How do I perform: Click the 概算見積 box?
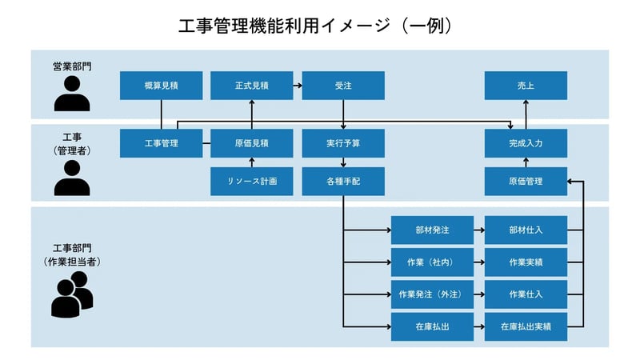pyautogui.click(x=161, y=86)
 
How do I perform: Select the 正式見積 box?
pyautogui.click(x=251, y=86)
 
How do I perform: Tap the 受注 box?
pyautogui.click(x=343, y=86)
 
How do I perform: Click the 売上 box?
pyautogui.click(x=526, y=86)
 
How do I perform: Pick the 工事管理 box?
pyautogui.click(x=161, y=143)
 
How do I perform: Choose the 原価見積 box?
pyautogui.click(x=251, y=143)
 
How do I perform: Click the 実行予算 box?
pyautogui.click(x=343, y=143)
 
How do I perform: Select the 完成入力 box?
pyautogui.click(x=526, y=143)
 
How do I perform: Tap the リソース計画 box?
pyautogui.click(x=251, y=182)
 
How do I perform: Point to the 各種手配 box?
pyautogui.click(x=343, y=182)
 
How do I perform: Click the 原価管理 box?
pyautogui.click(x=526, y=182)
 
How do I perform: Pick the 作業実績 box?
pyautogui.click(x=526, y=262)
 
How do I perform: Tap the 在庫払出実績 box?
pyautogui.click(x=526, y=326)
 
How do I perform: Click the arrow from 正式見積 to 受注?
pyautogui.click(x=297, y=86)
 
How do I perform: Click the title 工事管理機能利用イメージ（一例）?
pyautogui.click(x=319, y=26)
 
